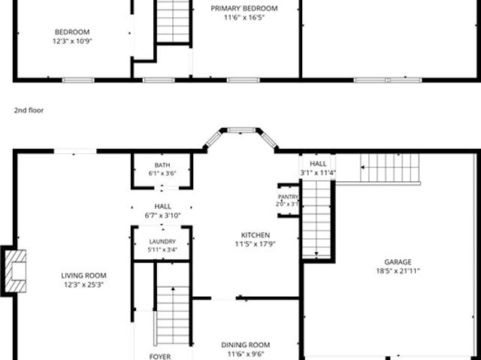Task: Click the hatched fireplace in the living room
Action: (x=15, y=271)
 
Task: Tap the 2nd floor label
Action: (x=29, y=110)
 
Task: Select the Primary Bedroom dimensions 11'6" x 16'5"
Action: (x=244, y=17)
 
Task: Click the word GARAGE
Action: (x=398, y=262)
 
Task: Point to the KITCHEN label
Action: (x=256, y=235)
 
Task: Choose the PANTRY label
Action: (x=288, y=197)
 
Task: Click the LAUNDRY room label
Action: (x=162, y=242)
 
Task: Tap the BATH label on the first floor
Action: (x=162, y=165)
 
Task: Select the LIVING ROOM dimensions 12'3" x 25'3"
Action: (x=83, y=285)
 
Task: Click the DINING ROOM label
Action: (x=246, y=345)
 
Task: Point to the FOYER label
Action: (x=160, y=357)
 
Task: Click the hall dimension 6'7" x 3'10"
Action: (x=162, y=216)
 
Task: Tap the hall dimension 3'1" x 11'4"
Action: (x=318, y=173)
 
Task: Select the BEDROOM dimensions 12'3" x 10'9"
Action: (x=72, y=41)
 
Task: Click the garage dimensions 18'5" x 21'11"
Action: (x=398, y=271)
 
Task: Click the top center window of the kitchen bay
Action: (x=241, y=130)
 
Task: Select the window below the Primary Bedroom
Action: (x=244, y=80)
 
